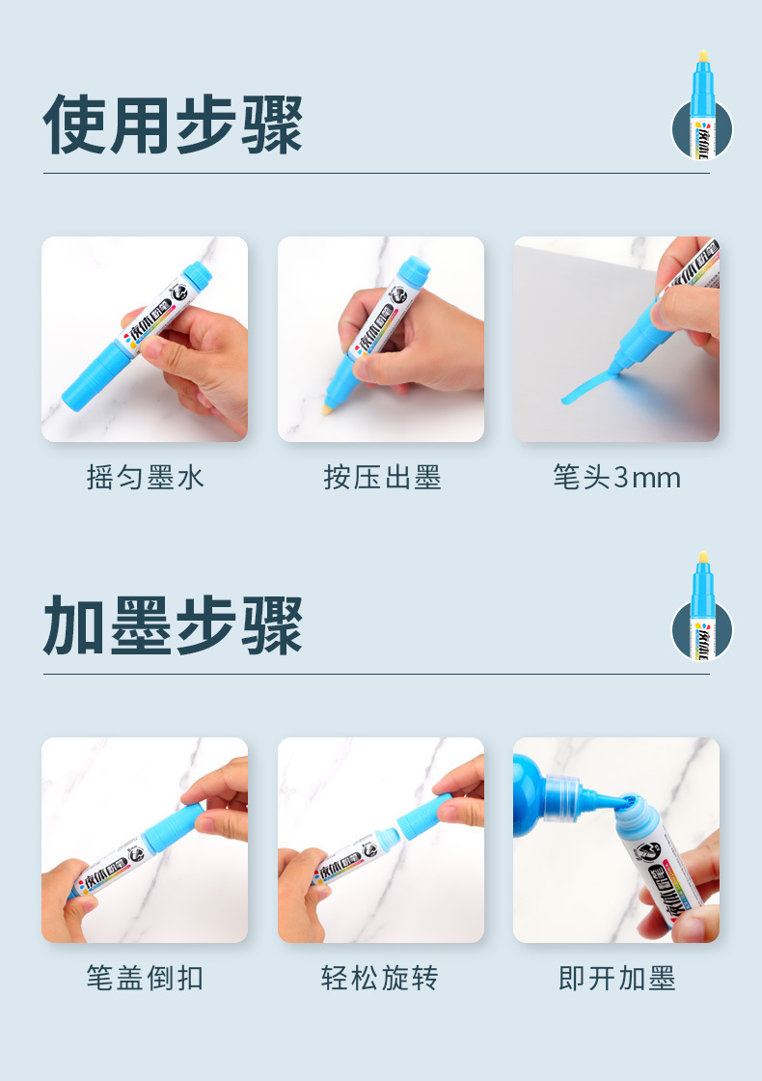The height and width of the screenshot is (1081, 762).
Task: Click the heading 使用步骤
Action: pyautogui.click(x=174, y=125)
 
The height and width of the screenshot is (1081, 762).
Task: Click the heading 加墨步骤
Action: pyautogui.click(x=174, y=625)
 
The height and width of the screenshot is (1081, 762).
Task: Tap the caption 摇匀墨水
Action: pyautogui.click(x=146, y=478)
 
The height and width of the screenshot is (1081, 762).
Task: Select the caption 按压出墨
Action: pyautogui.click(x=382, y=478)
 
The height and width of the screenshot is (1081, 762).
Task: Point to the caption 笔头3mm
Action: pyautogui.click(x=616, y=478)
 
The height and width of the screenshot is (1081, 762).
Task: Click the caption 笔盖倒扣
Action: pyautogui.click(x=146, y=979)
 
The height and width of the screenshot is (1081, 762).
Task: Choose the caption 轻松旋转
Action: pyautogui.click(x=380, y=979)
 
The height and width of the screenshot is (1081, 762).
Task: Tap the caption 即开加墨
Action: pyautogui.click(x=616, y=979)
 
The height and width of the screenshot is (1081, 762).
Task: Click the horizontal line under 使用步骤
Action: pyautogui.click(x=376, y=174)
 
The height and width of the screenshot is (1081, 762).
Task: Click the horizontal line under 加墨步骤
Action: pyautogui.click(x=376, y=674)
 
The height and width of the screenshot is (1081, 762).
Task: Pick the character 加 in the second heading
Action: pyautogui.click(x=75, y=625)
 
